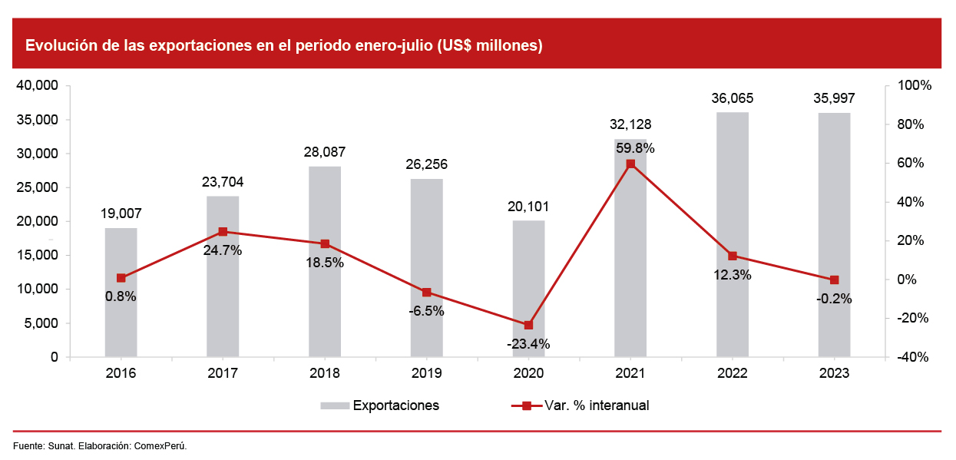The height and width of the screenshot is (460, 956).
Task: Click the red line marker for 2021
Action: (630, 164)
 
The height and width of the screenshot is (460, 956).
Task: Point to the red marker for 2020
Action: (528, 325)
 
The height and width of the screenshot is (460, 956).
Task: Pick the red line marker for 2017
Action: (223, 231)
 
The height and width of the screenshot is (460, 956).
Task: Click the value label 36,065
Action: (732, 98)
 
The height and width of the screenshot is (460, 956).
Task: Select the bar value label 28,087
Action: (324, 152)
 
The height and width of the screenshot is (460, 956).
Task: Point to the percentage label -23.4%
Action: (528, 344)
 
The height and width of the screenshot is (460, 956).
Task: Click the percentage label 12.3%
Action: (731, 275)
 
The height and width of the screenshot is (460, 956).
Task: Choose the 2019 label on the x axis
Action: (426, 373)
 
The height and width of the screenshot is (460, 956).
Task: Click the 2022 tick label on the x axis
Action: (732, 373)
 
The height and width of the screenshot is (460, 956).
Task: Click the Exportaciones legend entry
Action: (395, 405)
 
